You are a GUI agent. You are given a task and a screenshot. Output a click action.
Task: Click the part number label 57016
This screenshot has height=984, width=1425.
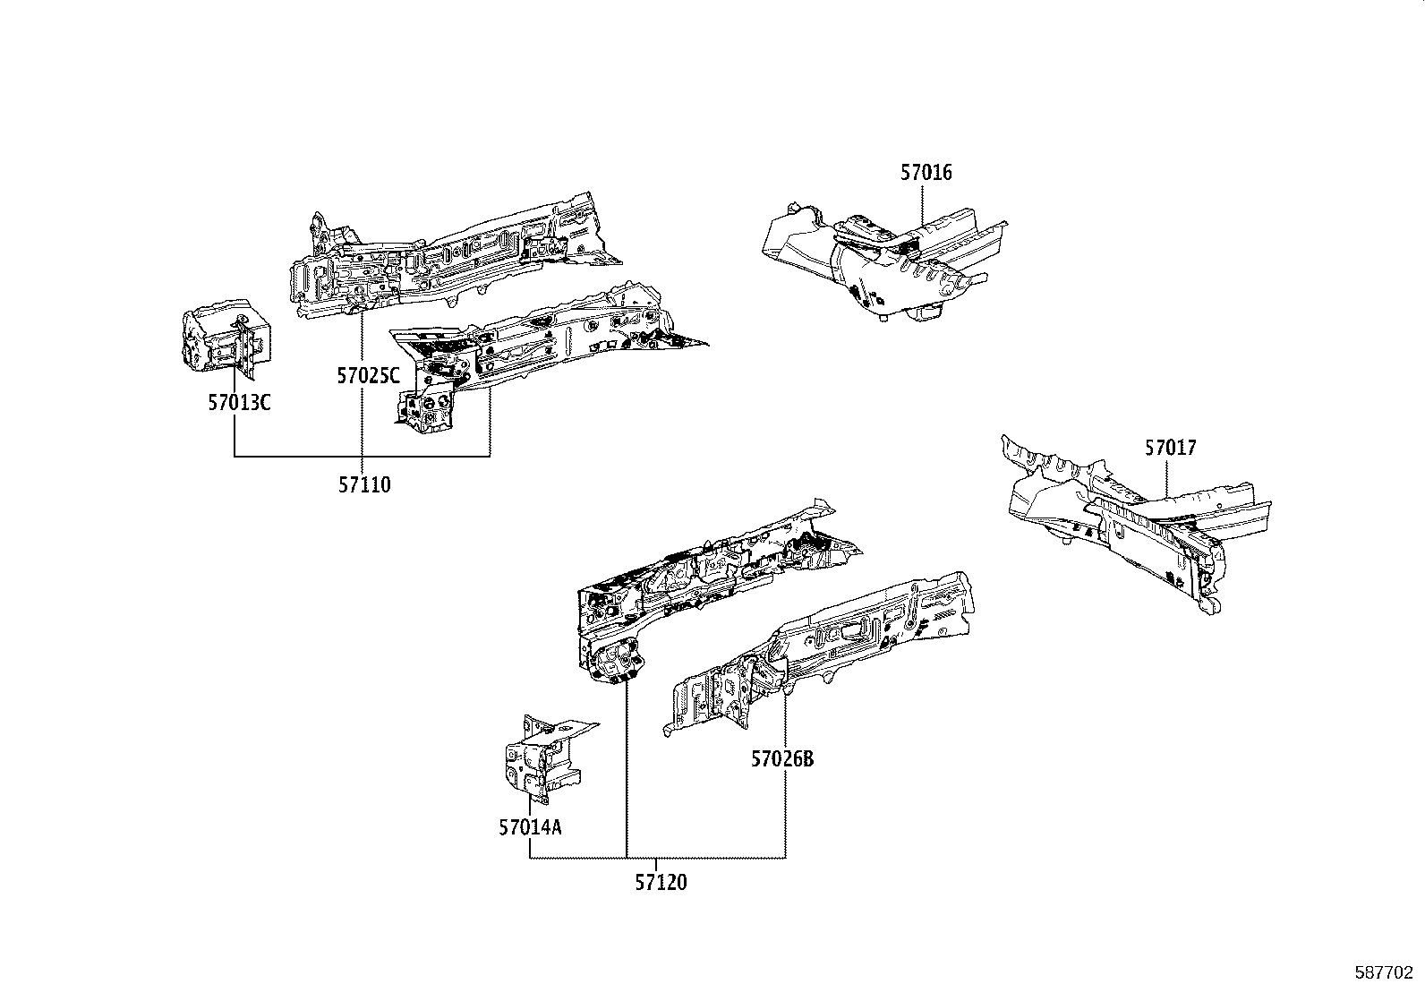click(x=926, y=173)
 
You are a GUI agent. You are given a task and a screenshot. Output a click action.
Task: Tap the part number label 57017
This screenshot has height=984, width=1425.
click(x=1170, y=448)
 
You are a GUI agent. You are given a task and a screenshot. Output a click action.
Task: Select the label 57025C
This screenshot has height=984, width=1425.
click(x=368, y=376)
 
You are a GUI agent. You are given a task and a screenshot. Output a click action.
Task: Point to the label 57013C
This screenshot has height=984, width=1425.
click(x=239, y=403)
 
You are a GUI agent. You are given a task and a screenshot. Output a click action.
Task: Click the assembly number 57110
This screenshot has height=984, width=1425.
click(x=364, y=485)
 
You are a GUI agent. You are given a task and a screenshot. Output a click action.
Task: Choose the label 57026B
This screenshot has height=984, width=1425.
click(x=782, y=759)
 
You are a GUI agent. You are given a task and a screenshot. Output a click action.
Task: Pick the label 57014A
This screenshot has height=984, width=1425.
click(x=531, y=827)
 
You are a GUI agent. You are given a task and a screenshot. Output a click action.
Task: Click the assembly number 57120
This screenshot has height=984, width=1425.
click(x=661, y=883)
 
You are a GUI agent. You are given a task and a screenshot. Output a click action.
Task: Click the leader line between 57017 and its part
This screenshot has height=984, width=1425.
click(x=1167, y=479)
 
